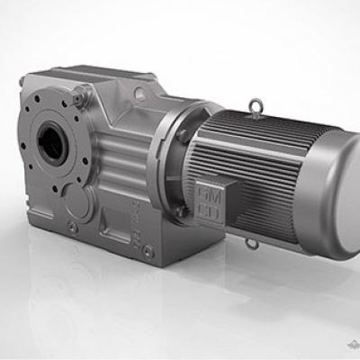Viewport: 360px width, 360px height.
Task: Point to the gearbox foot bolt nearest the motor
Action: coord(148,253)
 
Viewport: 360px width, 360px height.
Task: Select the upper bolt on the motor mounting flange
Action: coord(184,135)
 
